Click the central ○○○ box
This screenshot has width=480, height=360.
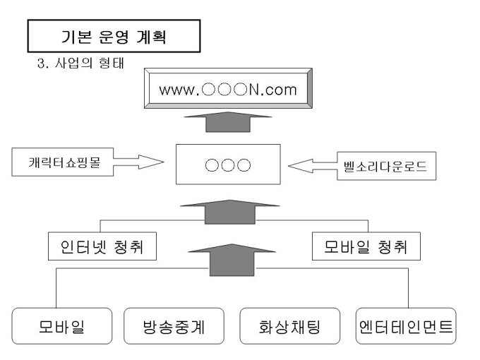click(x=227, y=165)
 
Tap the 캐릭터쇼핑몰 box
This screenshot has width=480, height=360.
click(x=61, y=162)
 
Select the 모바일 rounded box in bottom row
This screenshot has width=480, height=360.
click(x=62, y=328)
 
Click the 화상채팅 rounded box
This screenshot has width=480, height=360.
click(x=289, y=328)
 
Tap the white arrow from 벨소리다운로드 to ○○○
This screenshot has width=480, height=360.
click(x=311, y=167)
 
